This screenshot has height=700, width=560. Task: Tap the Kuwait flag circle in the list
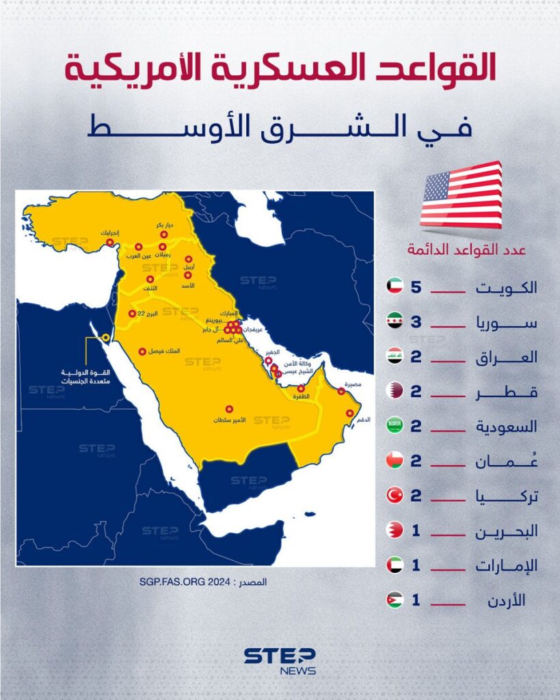[x=395, y=287]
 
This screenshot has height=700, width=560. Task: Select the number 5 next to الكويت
[x=416, y=287]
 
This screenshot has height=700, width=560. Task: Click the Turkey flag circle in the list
[x=395, y=496]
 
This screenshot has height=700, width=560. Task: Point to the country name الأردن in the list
[x=508, y=601]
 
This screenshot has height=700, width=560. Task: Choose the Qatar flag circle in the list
[x=395, y=392]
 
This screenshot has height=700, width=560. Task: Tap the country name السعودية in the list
[x=507, y=427]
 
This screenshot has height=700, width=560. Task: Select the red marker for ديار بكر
[x=164, y=234]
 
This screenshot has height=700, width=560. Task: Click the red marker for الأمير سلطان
[x=229, y=409]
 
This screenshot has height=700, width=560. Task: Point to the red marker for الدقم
[x=350, y=413]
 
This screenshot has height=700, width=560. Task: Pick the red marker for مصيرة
[x=341, y=392]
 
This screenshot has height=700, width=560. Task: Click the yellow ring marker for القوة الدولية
[x=105, y=337]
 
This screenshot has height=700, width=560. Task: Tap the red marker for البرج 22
[x=132, y=314]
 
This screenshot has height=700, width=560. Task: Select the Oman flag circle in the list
[x=395, y=461]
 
